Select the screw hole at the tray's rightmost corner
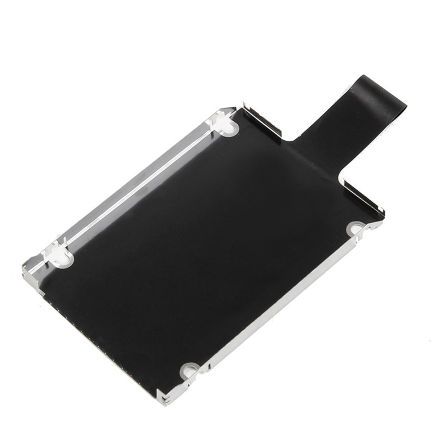355,229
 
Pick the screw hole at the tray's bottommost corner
189,370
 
